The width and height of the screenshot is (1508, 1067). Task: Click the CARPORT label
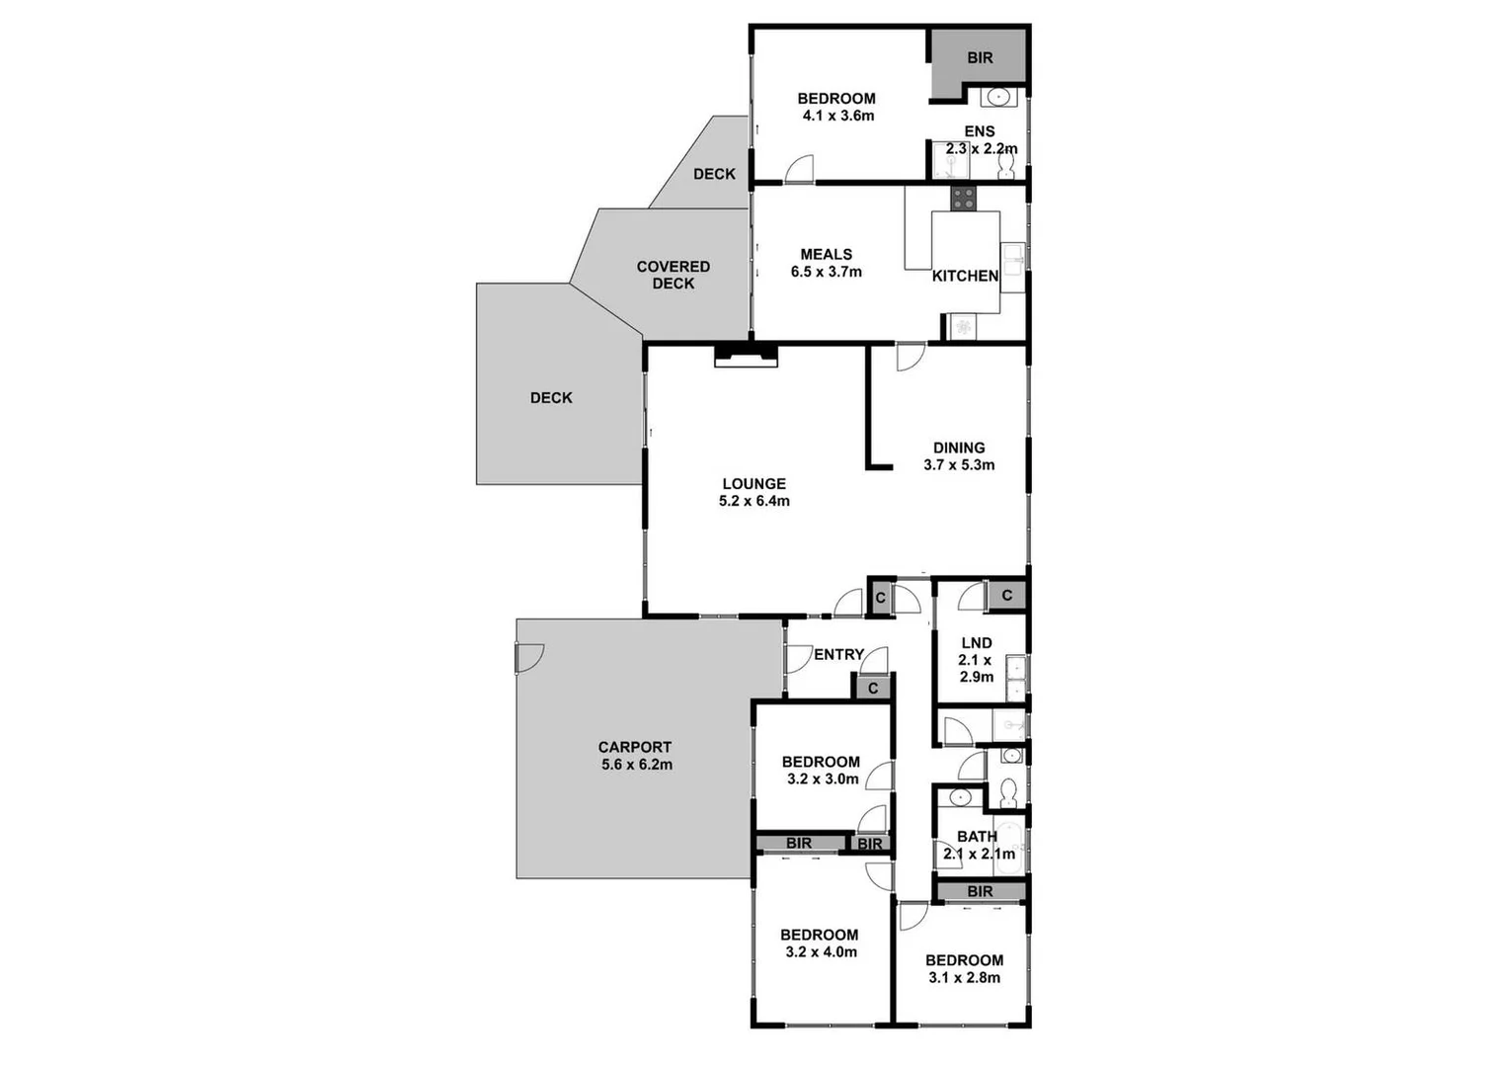click(x=634, y=747)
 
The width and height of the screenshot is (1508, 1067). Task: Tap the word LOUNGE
click(x=754, y=483)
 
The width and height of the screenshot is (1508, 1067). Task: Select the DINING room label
click(x=958, y=448)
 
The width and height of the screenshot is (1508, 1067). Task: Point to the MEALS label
click(x=826, y=254)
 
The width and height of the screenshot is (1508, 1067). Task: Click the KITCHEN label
click(x=965, y=276)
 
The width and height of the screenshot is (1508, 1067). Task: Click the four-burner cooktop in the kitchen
click(x=963, y=198)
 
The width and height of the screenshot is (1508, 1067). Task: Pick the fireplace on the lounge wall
click(x=746, y=355)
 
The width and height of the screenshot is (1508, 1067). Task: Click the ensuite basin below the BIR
click(x=998, y=97)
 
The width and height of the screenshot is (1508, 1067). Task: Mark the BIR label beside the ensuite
click(x=980, y=58)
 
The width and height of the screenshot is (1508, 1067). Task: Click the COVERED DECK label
click(x=673, y=275)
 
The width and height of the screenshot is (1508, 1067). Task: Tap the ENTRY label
click(x=838, y=654)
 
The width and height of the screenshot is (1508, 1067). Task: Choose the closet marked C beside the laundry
click(x=1006, y=595)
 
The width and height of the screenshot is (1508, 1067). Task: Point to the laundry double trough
click(x=1015, y=678)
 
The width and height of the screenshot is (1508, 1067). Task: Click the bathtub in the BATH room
click(x=1010, y=848)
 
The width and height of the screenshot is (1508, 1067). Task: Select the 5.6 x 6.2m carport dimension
click(x=636, y=765)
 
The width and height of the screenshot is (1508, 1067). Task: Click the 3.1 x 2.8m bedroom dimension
click(x=964, y=978)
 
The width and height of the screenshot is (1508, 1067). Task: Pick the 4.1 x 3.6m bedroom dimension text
click(x=837, y=116)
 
